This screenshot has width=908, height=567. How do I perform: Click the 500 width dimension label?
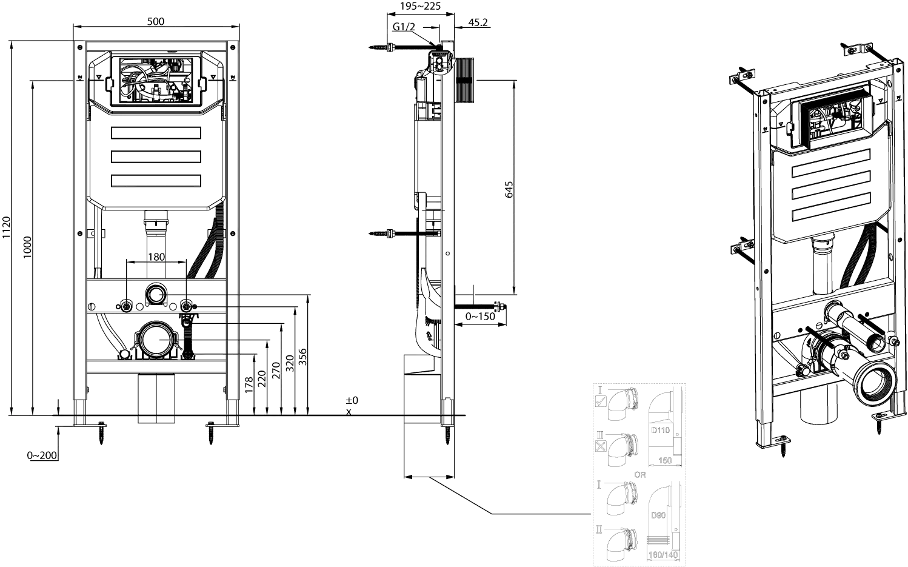[156, 21]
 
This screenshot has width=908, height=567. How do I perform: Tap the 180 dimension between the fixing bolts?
[156, 257]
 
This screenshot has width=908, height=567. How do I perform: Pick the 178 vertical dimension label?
[249, 383]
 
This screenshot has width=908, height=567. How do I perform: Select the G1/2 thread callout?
[404, 27]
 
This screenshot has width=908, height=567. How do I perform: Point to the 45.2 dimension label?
[478, 24]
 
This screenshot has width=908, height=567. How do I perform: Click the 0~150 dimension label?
[480, 317]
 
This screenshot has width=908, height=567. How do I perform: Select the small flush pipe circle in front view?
[156, 294]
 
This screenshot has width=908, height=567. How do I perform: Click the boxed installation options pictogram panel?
[639, 475]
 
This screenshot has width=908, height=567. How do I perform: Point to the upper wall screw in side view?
[381, 47]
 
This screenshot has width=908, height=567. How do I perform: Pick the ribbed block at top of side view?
[465, 81]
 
